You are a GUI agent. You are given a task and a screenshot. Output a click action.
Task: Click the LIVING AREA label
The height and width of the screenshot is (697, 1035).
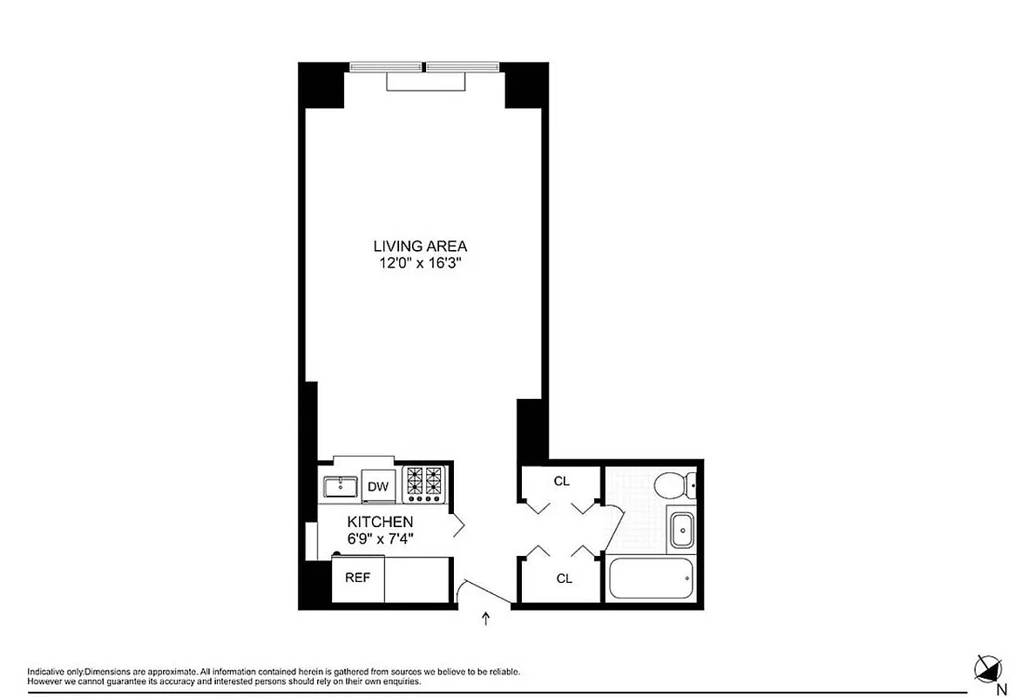[421, 247]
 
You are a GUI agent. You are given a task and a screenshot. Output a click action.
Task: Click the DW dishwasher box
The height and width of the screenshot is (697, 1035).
[378, 486]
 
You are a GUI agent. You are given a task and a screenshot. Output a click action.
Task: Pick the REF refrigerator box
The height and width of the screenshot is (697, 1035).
[356, 578]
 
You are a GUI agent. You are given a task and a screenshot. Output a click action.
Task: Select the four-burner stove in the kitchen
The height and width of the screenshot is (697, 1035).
[424, 484]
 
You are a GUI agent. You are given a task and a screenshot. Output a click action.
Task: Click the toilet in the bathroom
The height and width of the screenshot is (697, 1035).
[674, 484]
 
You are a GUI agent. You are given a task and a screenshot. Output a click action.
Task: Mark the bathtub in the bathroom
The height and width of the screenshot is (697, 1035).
[649, 578]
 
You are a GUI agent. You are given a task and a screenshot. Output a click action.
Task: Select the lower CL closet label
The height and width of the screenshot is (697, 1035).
[565, 579]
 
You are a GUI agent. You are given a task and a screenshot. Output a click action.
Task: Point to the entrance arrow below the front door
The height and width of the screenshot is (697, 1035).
[486, 619]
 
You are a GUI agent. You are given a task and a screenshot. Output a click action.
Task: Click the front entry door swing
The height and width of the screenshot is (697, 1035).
[479, 592]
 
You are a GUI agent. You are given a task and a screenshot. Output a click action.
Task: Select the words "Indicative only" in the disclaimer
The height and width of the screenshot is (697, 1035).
[55, 672]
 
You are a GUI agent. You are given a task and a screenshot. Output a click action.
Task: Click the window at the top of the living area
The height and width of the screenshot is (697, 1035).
[424, 67]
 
